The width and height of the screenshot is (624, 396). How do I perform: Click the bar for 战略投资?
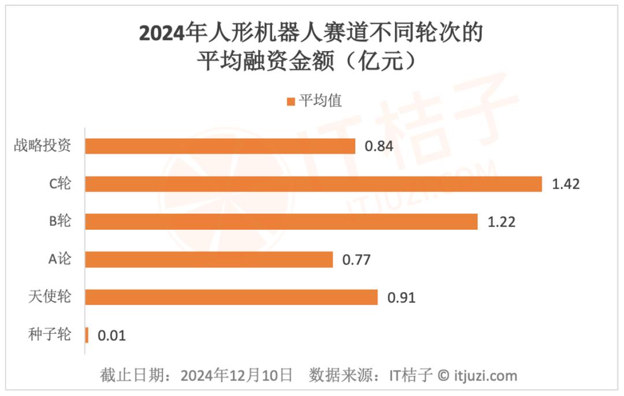[x=220, y=146]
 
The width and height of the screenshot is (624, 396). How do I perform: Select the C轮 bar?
[x=313, y=184]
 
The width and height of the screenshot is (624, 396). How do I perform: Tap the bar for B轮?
[x=281, y=222]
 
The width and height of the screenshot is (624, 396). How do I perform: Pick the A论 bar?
[x=209, y=260]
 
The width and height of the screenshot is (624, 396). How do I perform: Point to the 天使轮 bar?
[x=231, y=297]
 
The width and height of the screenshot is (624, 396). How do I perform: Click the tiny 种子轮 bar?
[x=87, y=335]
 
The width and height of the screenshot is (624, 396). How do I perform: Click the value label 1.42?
[x=566, y=185]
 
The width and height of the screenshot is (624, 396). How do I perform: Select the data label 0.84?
[x=379, y=147]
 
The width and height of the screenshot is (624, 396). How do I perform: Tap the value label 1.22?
[x=501, y=222]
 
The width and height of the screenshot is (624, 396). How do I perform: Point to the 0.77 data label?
[x=356, y=260]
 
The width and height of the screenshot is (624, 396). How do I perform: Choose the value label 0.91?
[x=402, y=298]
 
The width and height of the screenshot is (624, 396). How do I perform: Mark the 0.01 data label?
[x=112, y=335]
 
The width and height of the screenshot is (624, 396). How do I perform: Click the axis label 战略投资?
[x=43, y=145]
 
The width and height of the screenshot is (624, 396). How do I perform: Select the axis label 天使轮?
[x=50, y=297]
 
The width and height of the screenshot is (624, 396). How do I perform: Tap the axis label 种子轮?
[x=50, y=334]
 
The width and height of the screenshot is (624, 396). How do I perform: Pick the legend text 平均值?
[x=321, y=102]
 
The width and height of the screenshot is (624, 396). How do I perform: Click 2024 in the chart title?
[x=158, y=33]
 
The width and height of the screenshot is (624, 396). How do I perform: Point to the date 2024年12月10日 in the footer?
[x=237, y=376]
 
